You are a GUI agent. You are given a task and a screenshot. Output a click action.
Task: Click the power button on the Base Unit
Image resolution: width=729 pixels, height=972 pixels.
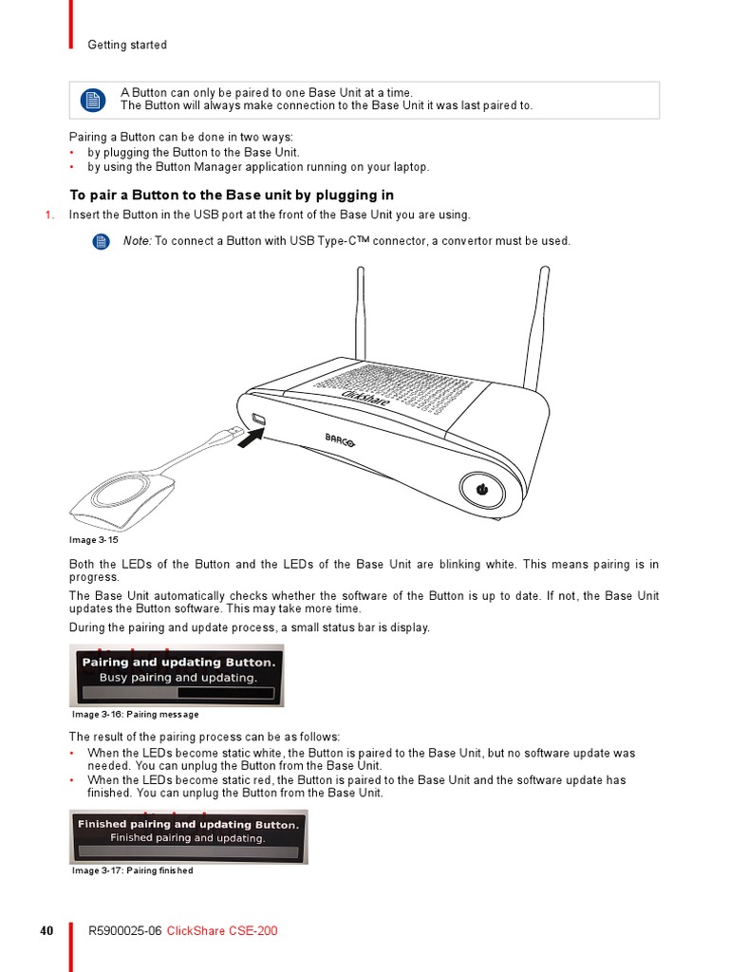tap(480, 490)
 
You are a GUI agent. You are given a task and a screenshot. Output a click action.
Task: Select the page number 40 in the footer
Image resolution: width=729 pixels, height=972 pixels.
tap(47, 931)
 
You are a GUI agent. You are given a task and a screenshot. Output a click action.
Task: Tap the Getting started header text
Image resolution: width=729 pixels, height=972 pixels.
tap(127, 45)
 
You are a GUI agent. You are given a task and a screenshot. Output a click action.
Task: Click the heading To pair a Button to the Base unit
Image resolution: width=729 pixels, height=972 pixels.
tap(232, 196)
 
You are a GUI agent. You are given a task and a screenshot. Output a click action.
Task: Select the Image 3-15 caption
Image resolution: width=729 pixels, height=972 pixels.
tap(94, 540)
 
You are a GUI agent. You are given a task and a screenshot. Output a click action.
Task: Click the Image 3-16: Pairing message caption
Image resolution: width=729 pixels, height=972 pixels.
tap(136, 715)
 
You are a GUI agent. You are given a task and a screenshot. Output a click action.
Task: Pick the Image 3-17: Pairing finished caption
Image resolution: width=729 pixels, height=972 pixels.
tap(133, 870)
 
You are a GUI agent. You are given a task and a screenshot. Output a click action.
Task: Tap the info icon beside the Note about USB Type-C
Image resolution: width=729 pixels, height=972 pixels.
tap(102, 242)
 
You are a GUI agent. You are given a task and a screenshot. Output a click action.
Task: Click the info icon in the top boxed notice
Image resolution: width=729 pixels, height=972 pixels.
tap(91, 100)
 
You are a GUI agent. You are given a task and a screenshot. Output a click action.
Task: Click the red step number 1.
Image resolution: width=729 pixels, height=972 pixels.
tap(49, 215)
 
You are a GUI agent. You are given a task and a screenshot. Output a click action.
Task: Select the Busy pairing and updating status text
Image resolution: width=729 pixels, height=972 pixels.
tap(178, 678)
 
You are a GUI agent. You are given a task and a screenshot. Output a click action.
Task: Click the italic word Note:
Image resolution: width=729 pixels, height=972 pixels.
tap(137, 241)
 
